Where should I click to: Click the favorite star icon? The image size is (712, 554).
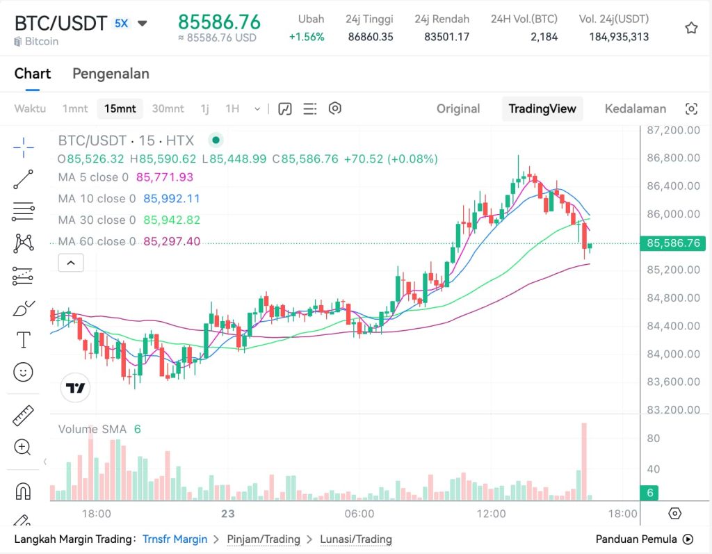(x=691, y=28)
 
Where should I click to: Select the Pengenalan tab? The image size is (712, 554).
(x=111, y=74)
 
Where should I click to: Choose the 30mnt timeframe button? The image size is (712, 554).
(x=168, y=108)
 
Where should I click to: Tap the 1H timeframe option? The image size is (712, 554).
(x=232, y=108)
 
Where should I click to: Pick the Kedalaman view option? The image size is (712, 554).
(x=635, y=108)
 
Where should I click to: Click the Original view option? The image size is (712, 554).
(x=458, y=108)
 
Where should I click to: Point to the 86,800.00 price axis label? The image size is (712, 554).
(x=673, y=158)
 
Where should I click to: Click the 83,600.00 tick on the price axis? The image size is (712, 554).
(x=673, y=382)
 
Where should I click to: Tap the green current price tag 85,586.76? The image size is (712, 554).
(x=673, y=243)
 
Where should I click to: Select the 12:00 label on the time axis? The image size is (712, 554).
(x=491, y=514)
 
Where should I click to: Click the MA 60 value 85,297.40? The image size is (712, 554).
(x=172, y=241)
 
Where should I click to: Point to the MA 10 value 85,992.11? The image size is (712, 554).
(x=172, y=199)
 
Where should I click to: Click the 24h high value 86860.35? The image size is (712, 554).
(x=371, y=37)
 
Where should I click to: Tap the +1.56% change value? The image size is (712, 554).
(x=307, y=37)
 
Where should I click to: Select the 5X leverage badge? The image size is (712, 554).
(x=121, y=23)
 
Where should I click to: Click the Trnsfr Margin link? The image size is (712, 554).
(x=175, y=539)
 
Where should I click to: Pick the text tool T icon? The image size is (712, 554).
(x=24, y=340)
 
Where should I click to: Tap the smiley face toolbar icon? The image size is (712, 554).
(x=24, y=372)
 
